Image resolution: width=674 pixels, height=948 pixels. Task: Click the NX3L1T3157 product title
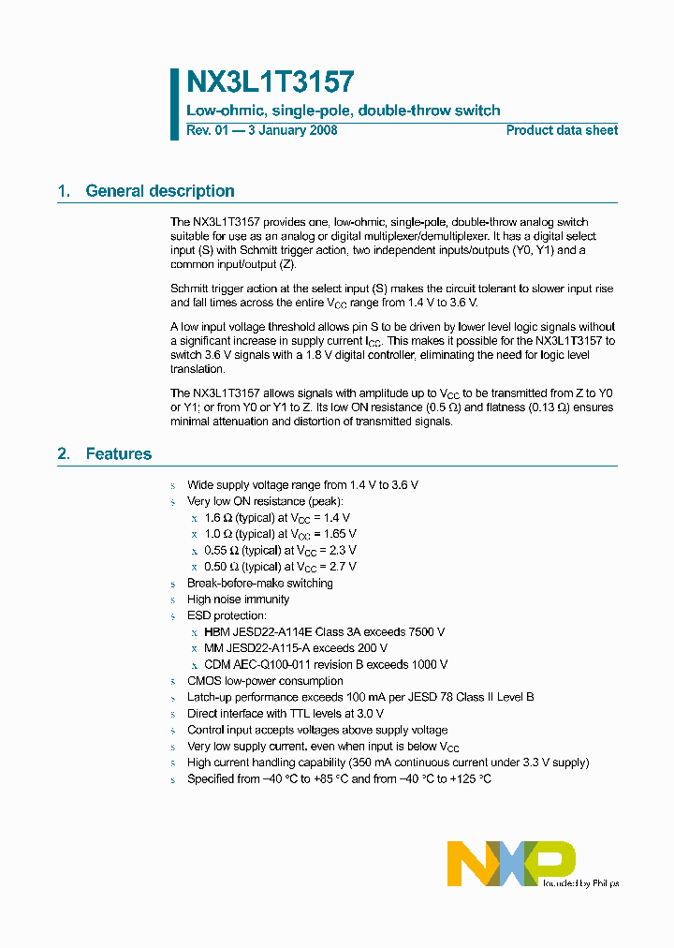(x=271, y=83)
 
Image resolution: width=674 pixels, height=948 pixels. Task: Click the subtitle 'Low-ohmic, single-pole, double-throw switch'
(x=344, y=111)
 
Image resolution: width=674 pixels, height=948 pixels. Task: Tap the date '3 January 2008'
(x=291, y=130)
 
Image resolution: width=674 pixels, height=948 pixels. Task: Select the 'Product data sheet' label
(x=562, y=130)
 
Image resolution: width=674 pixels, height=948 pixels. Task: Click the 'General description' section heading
(x=160, y=191)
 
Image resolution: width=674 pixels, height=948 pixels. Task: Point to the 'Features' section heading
(x=118, y=454)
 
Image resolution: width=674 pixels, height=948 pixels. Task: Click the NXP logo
(x=510, y=863)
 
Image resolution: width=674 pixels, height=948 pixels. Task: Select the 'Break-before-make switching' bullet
(x=259, y=584)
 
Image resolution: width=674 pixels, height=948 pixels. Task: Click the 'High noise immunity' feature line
(x=238, y=600)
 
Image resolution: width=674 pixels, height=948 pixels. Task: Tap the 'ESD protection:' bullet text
(x=227, y=616)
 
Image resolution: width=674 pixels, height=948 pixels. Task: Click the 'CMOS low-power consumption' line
(x=265, y=681)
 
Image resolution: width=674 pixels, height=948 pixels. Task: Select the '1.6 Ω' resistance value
(x=216, y=518)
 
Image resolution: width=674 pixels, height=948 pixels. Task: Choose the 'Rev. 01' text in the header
(x=207, y=130)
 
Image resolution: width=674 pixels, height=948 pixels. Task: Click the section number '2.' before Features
(x=64, y=454)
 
